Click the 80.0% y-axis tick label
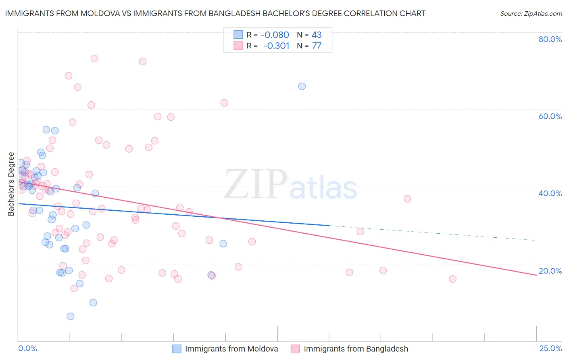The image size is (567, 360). click(x=550, y=39)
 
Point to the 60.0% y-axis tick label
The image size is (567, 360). click(x=550, y=116)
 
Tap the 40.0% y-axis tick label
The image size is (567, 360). click(x=550, y=193)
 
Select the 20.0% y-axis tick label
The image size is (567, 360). click(x=550, y=271)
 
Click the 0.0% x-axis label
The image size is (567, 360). click(x=27, y=348)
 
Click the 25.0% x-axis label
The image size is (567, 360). click(x=550, y=348)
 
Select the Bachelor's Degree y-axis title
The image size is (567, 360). click(x=11, y=184)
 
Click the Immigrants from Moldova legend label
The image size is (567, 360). click(x=231, y=349)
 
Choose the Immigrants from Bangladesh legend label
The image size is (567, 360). click(x=356, y=349)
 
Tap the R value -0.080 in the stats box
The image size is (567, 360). click(x=275, y=35)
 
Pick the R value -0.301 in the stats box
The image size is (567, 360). click(x=276, y=46)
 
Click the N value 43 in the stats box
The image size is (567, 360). click(x=317, y=35)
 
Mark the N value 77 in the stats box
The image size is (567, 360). click(x=317, y=46)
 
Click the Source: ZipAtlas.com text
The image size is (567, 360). click(x=531, y=14)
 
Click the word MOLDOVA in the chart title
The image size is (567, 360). click(x=99, y=14)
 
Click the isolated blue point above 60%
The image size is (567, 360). click(x=302, y=86)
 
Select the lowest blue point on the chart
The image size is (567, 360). click(x=71, y=316)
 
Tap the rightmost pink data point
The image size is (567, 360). click(x=452, y=279)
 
